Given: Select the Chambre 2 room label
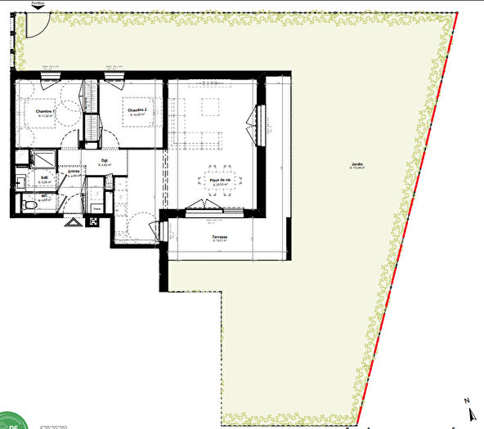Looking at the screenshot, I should tap(136, 109).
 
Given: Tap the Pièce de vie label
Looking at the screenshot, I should tap(218, 181).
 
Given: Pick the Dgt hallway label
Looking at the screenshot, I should tap(105, 160).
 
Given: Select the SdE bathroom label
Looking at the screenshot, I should tap(44, 178).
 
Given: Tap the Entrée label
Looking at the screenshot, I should tap(74, 172).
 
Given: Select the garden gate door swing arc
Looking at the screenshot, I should tap(34, 25).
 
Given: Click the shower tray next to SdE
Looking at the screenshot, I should tap(43, 159).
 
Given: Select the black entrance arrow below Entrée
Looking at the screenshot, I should tap(74, 221).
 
